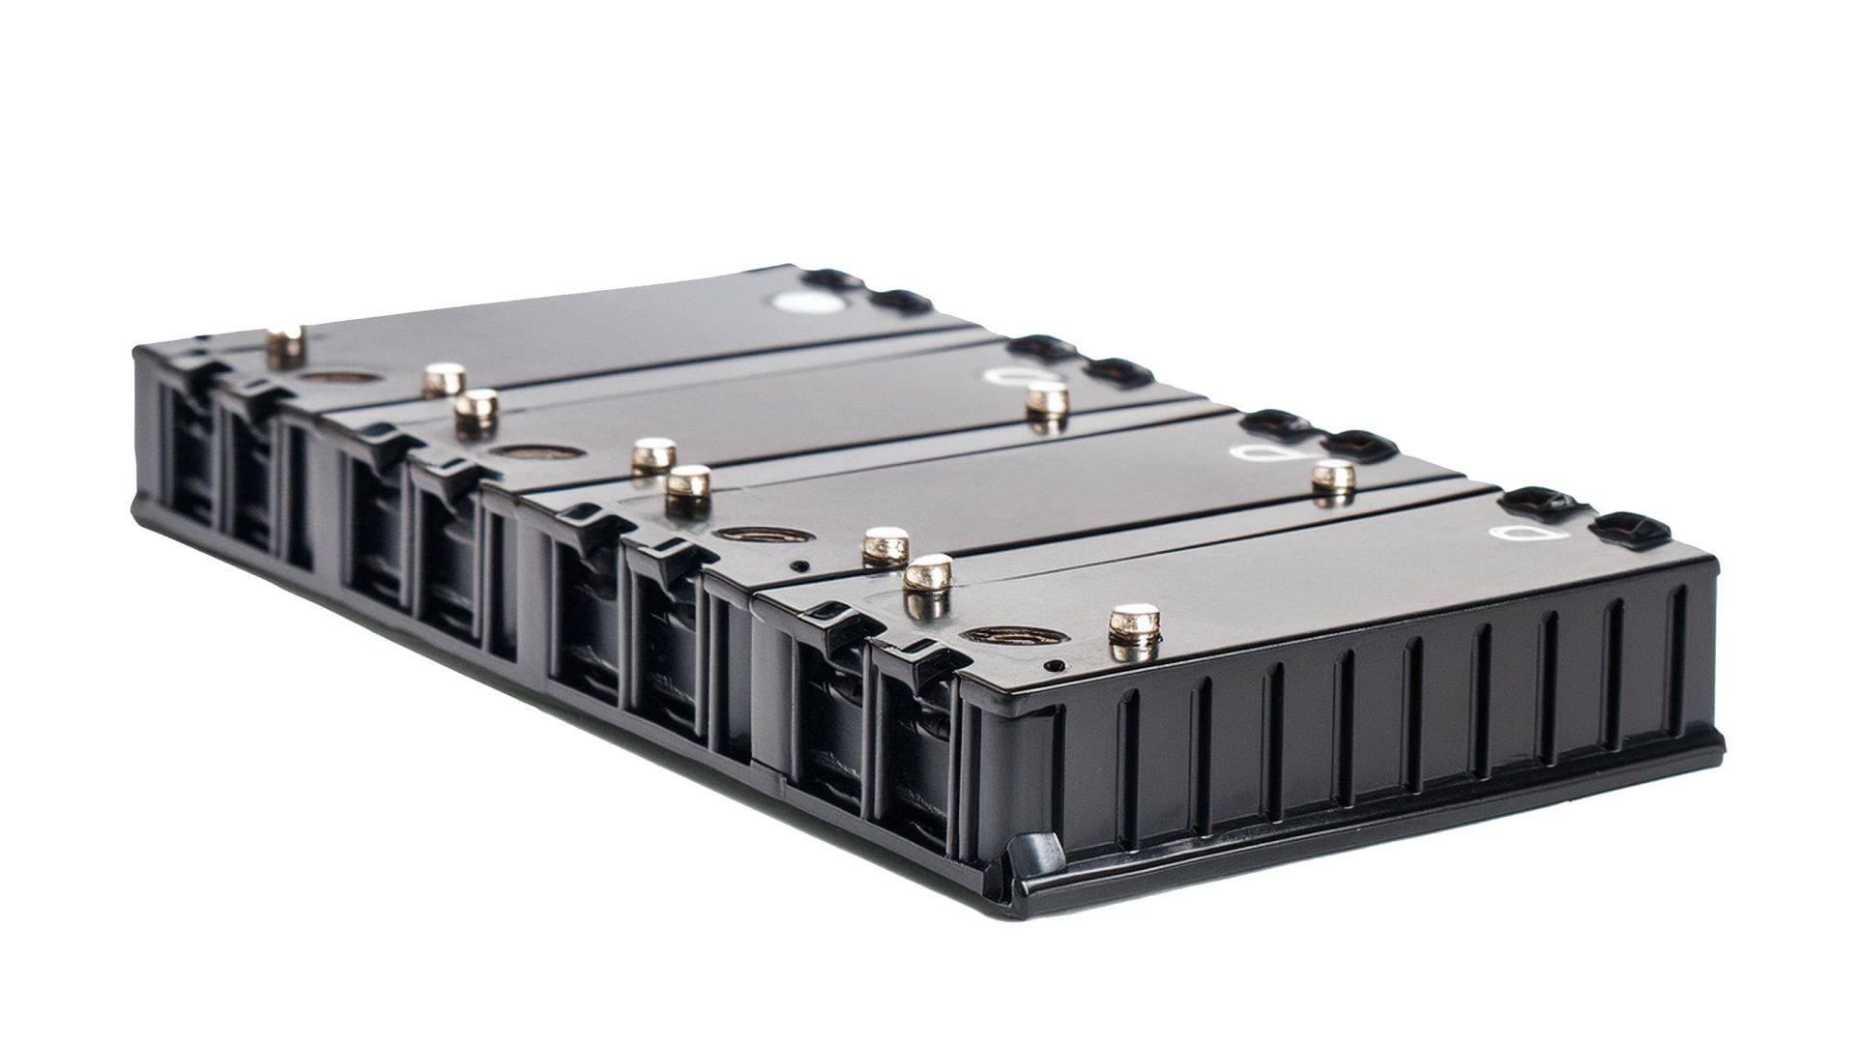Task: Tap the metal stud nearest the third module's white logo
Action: [1335, 478]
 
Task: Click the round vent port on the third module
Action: [749, 535]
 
